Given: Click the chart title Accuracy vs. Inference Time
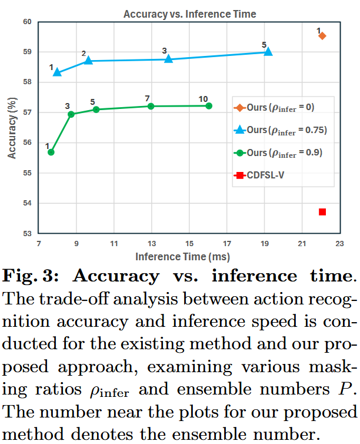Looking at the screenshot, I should (182, 14).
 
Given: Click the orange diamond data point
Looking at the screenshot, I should (322, 36).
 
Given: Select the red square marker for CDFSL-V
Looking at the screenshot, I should (322, 211).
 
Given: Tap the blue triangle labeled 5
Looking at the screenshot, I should (268, 52).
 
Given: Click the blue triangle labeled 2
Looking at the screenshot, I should (88, 60).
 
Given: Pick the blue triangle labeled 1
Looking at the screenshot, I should (57, 72).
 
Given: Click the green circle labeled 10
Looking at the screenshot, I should (209, 105).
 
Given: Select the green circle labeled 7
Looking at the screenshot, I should (151, 106).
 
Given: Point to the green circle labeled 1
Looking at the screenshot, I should (51, 152).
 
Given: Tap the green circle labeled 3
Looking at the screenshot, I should (72, 114).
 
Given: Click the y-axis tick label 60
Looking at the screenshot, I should (26, 22).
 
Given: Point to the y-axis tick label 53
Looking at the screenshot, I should (26, 234).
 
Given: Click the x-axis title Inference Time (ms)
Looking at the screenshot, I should (182, 257).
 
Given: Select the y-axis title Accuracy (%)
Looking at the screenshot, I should (11, 128).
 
